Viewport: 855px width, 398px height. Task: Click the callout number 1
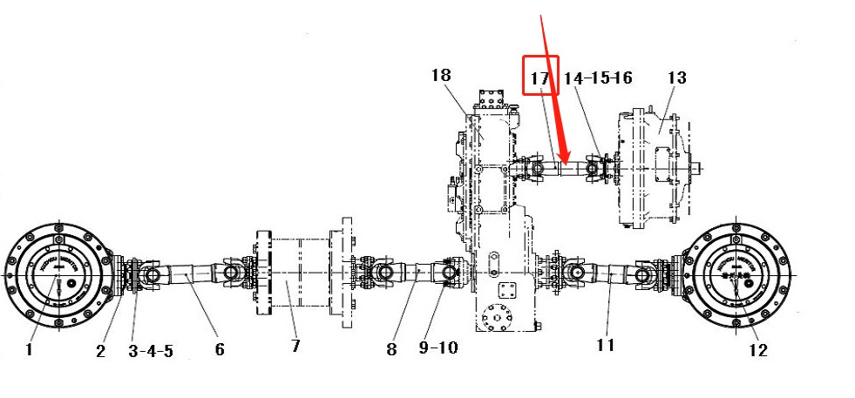pos(29,350)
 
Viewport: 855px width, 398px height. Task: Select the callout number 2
pos(100,350)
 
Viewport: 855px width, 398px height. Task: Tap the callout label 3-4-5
pos(150,351)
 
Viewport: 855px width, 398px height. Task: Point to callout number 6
pos(219,349)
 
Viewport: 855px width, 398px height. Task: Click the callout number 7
pos(295,346)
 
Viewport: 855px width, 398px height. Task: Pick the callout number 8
pos(390,349)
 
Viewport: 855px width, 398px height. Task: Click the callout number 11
pos(605,345)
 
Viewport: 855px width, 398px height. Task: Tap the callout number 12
pos(757,350)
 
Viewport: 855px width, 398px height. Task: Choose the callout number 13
pos(677,78)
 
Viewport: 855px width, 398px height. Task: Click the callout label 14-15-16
pos(597,78)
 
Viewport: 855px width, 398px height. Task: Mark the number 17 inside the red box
pos(539,78)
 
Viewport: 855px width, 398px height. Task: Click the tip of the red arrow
pos(565,162)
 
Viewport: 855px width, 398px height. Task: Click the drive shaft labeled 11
pos(610,274)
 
